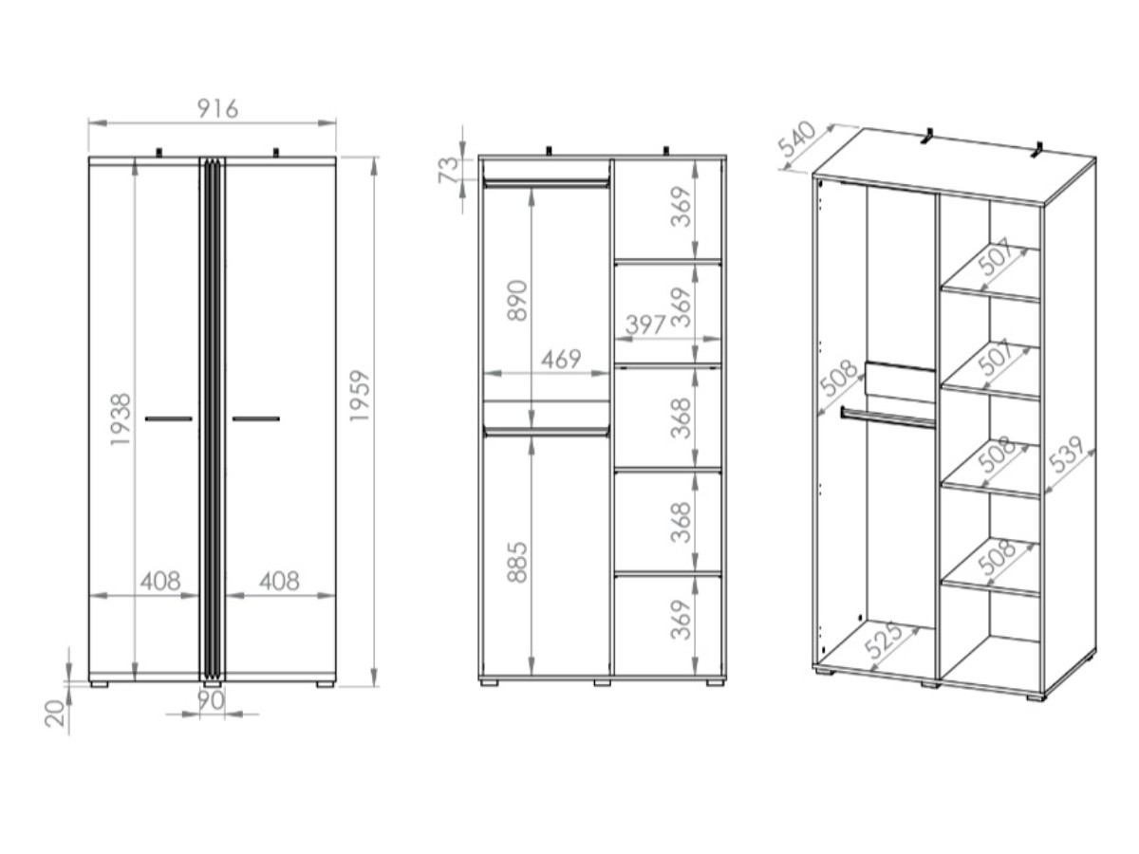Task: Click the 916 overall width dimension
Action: tap(217, 108)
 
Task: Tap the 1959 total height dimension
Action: tap(360, 395)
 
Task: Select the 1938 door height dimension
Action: tap(121, 419)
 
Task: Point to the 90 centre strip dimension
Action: tap(212, 699)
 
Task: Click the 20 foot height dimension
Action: tap(56, 713)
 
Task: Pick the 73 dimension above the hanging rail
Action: tap(449, 170)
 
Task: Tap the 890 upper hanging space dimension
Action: tap(517, 300)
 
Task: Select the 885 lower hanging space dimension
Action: tap(517, 562)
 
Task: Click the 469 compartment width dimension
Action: tap(560, 359)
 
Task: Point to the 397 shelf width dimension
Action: tap(645, 325)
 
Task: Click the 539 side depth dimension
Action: tap(1065, 456)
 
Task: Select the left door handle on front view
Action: tap(169, 418)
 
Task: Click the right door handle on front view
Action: tap(256, 418)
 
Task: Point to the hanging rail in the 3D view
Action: tap(887, 418)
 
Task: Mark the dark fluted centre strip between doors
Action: tap(213, 418)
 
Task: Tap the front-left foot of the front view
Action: tap(99, 684)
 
